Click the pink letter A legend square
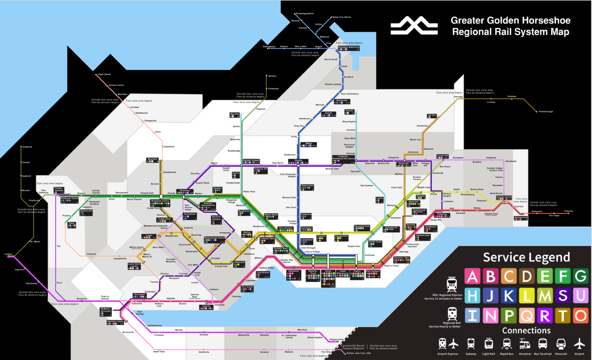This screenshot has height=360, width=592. click(x=472, y=276)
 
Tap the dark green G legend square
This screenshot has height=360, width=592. click(x=580, y=276)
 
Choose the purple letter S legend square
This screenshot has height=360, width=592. click(x=562, y=295)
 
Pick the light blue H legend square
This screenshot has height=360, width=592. click(x=472, y=295)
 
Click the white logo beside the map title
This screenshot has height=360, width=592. click(x=414, y=26)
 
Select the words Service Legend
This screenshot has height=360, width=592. click(x=526, y=257)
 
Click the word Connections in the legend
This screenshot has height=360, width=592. click(x=526, y=330)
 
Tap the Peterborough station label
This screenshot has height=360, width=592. click(x=545, y=112)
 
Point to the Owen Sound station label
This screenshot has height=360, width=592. click(x=104, y=74)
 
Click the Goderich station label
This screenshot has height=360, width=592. click(x=27, y=147)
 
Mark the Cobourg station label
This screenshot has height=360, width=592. click(x=568, y=211)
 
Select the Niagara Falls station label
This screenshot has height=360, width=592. click(x=337, y=340)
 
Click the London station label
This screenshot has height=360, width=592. click(x=8, y=254)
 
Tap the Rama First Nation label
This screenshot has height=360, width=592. click(x=342, y=17)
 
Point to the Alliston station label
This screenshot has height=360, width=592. click(x=272, y=76)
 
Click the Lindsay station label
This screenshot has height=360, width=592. click(x=491, y=102)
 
